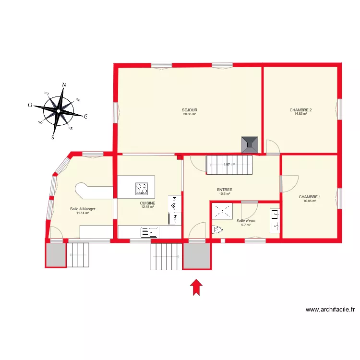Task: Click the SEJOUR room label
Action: coord(190,110)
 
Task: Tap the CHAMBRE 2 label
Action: coord(300,110)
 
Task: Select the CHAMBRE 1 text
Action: coord(310,197)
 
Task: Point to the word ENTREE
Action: coord(225,190)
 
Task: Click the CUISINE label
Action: coord(147,203)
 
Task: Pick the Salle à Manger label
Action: coord(83,209)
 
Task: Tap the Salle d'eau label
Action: coord(246,221)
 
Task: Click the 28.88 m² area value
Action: coord(190,114)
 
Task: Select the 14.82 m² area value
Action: coord(300,114)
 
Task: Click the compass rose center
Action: coord(58,111)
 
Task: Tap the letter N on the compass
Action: coord(64,85)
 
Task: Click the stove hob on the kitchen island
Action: coord(142,189)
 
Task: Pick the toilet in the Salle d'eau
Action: coord(217,229)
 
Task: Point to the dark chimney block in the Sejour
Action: coord(250,144)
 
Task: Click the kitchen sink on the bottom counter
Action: coord(149,232)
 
